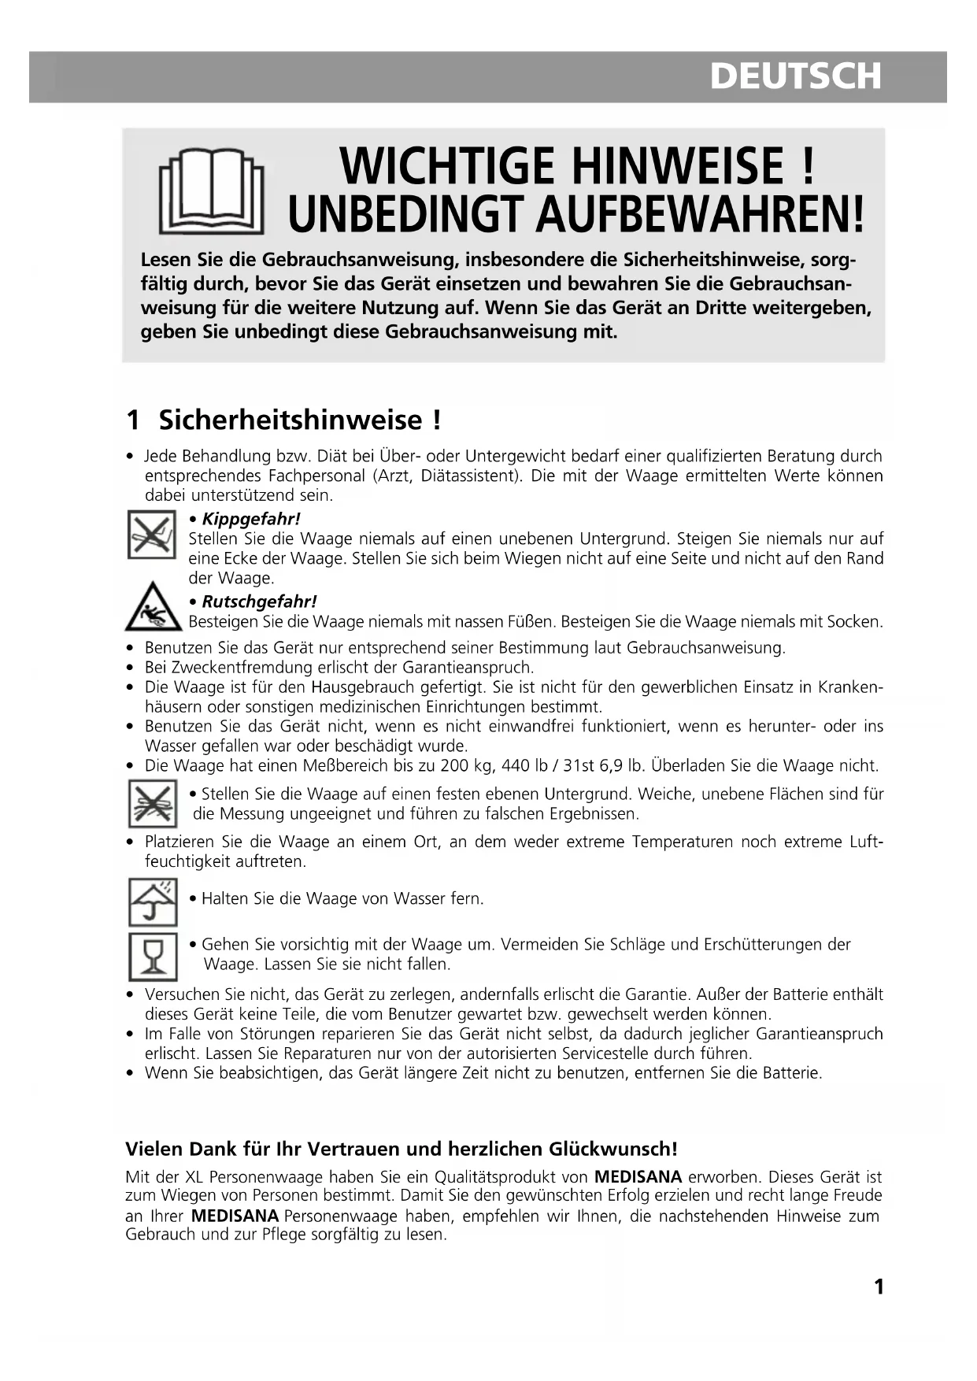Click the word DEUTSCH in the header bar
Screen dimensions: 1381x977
(794, 76)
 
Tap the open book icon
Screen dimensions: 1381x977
(210, 191)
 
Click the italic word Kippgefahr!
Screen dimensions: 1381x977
(251, 519)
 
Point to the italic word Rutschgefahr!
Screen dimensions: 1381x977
(259, 602)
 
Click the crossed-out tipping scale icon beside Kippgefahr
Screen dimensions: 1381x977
(151, 535)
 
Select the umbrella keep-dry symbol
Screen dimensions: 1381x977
(152, 902)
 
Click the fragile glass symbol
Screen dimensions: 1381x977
(152, 956)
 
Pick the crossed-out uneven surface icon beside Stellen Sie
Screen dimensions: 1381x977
(152, 803)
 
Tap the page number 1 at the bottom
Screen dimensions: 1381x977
(879, 1287)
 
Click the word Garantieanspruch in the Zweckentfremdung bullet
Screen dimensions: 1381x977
(469, 667)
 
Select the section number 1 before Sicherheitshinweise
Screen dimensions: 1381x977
(133, 420)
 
